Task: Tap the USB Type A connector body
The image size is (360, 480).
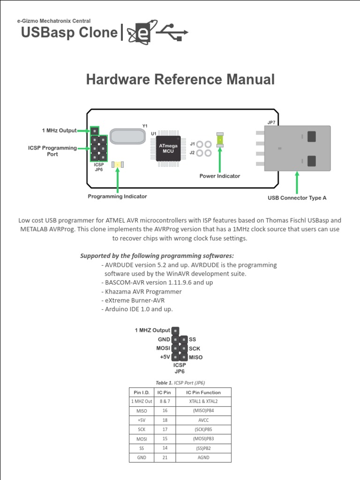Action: (297, 148)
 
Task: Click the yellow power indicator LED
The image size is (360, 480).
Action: (220, 140)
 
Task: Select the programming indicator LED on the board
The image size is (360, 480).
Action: (118, 165)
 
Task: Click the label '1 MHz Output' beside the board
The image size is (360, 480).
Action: (59, 130)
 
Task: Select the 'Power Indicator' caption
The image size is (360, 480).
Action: (219, 176)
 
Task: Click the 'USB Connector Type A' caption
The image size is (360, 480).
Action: (297, 198)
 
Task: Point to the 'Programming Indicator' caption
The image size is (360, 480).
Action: (117, 196)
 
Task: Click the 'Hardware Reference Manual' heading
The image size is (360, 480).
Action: (180, 80)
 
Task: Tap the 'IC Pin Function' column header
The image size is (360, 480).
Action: (203, 392)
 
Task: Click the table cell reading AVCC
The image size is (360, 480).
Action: (203, 420)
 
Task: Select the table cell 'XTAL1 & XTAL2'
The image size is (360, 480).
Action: (203, 401)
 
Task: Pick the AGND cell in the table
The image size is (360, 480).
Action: (203, 457)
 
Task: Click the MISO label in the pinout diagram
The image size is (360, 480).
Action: (195, 357)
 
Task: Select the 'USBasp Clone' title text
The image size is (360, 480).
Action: (69, 32)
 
